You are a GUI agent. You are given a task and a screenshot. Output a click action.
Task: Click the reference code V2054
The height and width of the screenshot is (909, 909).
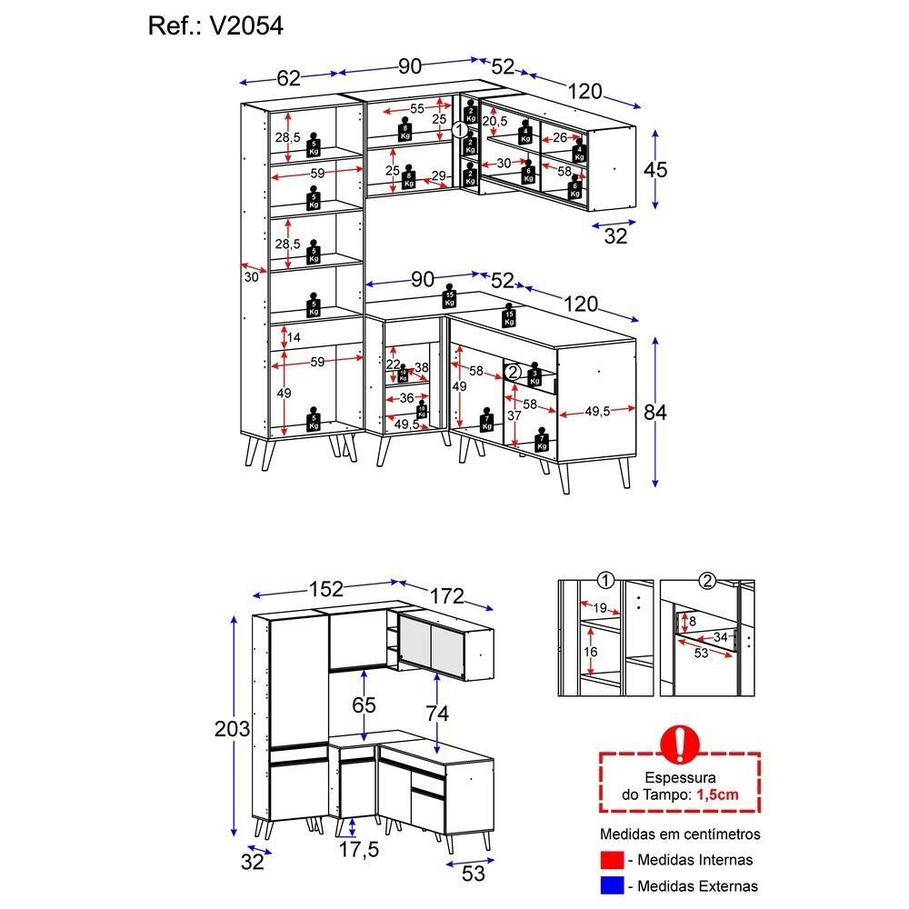pyautogui.click(x=247, y=26)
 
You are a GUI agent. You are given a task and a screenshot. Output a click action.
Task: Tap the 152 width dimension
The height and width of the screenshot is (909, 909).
pyautogui.click(x=325, y=588)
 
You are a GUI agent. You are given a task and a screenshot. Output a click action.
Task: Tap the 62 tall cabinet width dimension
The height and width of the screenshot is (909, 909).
pyautogui.click(x=288, y=77)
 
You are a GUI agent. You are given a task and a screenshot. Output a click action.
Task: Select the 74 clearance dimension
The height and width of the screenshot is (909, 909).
pyautogui.click(x=437, y=714)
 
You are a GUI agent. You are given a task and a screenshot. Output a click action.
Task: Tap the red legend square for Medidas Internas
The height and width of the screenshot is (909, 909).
pyautogui.click(x=613, y=860)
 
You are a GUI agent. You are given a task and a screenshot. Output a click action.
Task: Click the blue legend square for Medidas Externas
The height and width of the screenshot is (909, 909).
pyautogui.click(x=613, y=884)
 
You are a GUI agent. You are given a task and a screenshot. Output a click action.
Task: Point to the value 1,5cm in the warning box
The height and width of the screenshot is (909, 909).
pyautogui.click(x=717, y=794)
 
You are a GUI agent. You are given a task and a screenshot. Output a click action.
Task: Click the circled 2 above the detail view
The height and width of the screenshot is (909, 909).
pyautogui.click(x=707, y=580)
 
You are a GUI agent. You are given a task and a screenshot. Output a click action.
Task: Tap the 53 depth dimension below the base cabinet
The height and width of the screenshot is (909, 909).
pyautogui.click(x=474, y=874)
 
